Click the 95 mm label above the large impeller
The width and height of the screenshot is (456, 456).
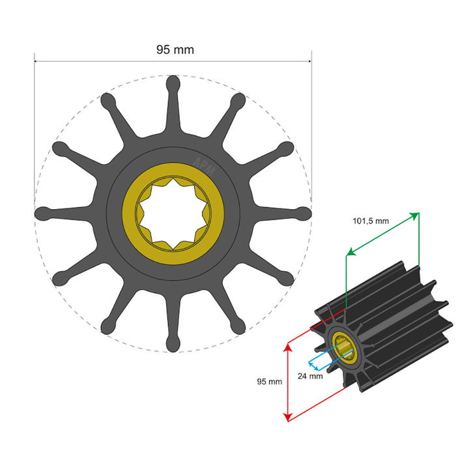[175, 50]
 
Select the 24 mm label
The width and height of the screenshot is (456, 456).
[311, 376]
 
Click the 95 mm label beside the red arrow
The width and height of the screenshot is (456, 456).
[270, 381]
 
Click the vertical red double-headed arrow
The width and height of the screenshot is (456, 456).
[287, 382]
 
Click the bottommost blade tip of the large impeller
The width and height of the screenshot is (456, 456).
[173, 344]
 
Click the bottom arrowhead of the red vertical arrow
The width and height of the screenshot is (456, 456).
[287, 418]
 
